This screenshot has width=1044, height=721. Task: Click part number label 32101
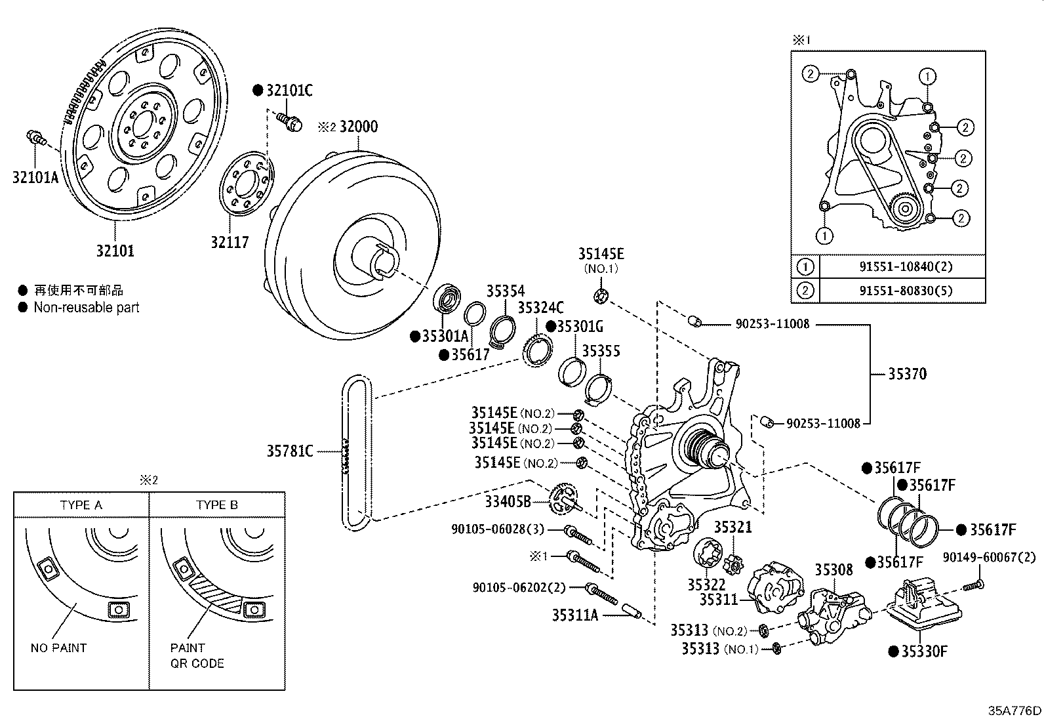[x=115, y=251]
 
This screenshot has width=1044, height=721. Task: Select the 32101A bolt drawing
[x=36, y=138]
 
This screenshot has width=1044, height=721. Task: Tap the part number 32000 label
[x=359, y=127]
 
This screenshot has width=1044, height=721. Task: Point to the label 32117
[x=230, y=242]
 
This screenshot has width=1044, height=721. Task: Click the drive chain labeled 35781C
[x=357, y=451]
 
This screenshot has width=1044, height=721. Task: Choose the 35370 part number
[x=907, y=373]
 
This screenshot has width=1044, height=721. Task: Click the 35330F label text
[x=924, y=651]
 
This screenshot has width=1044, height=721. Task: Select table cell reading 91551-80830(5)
[x=906, y=291]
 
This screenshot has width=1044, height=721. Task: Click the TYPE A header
[x=81, y=505]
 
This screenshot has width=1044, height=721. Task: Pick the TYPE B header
[x=216, y=505]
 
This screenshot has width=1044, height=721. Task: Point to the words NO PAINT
[x=59, y=648]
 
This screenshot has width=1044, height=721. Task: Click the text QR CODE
[x=197, y=663]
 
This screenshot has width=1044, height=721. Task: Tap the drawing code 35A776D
[x=1014, y=711]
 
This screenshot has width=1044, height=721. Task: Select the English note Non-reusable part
[x=87, y=307]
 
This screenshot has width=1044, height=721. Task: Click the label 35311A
[x=575, y=615]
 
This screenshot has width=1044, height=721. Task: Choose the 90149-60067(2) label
[x=989, y=557]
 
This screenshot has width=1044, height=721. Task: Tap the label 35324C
[x=540, y=307]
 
